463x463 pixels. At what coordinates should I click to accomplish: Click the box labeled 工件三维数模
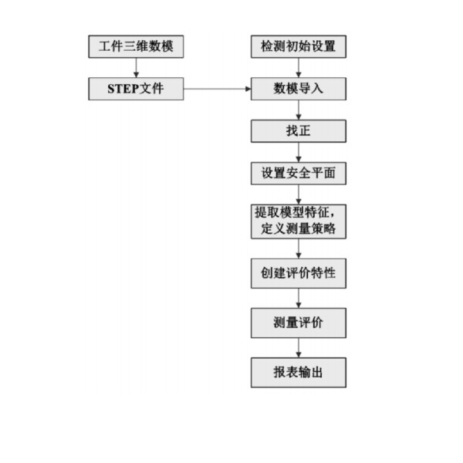[136, 46]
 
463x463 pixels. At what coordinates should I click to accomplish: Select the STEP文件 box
[136, 89]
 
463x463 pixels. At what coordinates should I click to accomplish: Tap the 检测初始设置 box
[299, 46]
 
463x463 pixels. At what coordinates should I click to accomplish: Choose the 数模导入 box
[299, 89]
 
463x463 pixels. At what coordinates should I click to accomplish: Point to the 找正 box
[299, 131]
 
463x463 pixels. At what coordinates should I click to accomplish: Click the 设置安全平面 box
[299, 173]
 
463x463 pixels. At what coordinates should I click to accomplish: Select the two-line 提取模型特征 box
[299, 221]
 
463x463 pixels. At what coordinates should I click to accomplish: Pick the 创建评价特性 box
[299, 273]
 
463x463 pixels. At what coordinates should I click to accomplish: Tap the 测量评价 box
[299, 323]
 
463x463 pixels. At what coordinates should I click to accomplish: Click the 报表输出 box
[299, 373]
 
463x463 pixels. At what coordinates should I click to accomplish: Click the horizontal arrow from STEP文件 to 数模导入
[217, 89]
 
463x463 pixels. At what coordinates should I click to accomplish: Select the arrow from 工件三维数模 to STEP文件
[136, 68]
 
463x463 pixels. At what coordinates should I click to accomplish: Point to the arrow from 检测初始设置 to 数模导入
[299, 68]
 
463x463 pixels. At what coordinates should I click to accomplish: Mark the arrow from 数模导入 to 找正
[299, 110]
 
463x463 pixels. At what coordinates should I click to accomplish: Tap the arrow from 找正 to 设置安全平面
[299, 152]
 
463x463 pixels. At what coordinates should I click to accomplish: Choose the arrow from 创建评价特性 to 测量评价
[299, 298]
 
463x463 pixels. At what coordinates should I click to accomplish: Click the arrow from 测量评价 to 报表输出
[299, 347]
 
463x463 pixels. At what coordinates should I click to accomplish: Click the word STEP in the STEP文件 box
[123, 89]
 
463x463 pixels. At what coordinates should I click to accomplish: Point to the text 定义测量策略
[298, 229]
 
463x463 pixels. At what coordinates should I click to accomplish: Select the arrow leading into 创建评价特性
[299, 248]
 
